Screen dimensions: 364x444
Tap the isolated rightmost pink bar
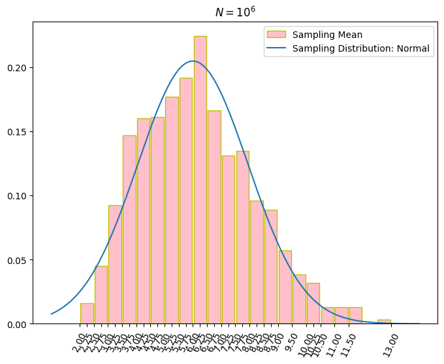click(x=384, y=322)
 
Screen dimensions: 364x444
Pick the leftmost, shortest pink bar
click(x=87, y=314)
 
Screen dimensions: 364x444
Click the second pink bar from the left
click(x=101, y=295)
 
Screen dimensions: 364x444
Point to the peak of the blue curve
click(x=193, y=61)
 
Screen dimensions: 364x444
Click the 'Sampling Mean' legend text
click(x=327, y=35)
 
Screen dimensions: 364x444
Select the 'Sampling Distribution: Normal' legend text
click(x=361, y=48)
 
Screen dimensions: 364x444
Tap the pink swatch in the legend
click(x=277, y=35)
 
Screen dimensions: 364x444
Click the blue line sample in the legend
click(x=277, y=48)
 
